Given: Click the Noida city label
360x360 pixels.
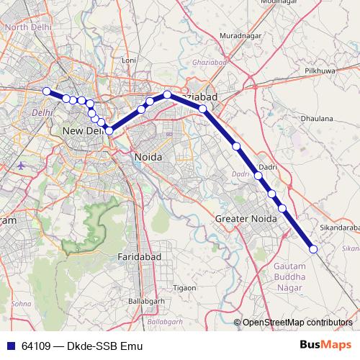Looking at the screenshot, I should (x=148, y=157).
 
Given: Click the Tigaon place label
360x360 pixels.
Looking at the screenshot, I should (x=184, y=287).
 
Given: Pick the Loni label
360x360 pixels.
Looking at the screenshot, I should (x=129, y=60).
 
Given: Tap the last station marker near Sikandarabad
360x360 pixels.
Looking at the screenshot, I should (x=313, y=249).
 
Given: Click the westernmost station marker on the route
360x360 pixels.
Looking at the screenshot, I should (x=47, y=91).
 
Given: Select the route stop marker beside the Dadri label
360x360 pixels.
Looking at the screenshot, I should (x=258, y=175).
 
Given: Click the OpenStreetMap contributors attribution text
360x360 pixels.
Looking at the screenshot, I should (x=297, y=323).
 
